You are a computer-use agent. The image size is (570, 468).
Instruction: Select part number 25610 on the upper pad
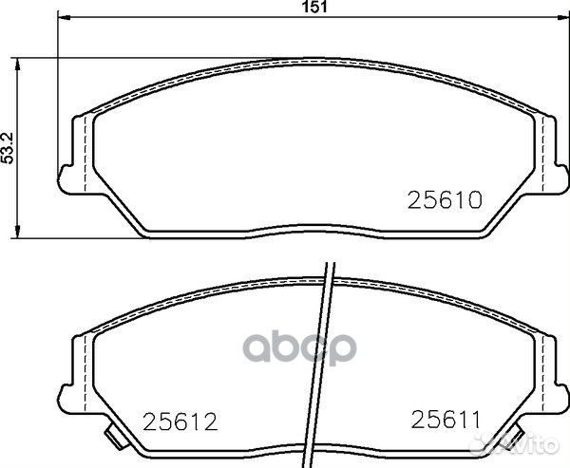tap(446, 199)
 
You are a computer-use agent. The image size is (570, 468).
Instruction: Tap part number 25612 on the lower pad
tap(180, 418)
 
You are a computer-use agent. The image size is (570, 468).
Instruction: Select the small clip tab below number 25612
tap(116, 440)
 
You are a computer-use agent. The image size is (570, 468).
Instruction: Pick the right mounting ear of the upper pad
tap(561, 172)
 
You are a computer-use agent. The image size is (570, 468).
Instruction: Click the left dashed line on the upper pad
tap(87, 152)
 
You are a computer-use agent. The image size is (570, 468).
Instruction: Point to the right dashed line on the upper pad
tap(541, 152)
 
